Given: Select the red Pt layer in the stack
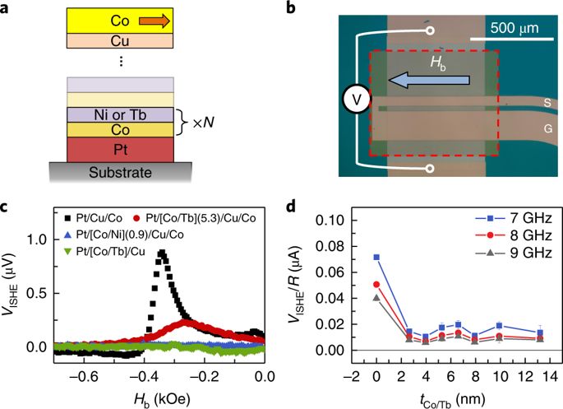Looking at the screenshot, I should [x=121, y=148].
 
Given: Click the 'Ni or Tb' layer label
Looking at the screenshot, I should [x=121, y=114].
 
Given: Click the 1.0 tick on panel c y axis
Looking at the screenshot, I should [x=35, y=240].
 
